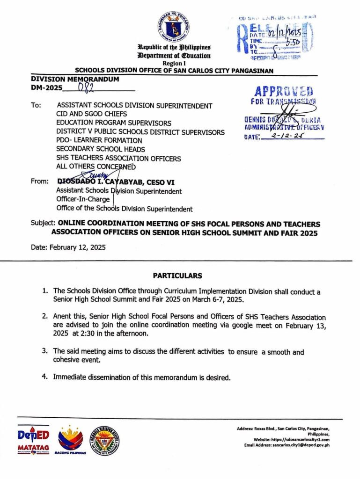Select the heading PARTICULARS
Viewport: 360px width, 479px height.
(x=177, y=276)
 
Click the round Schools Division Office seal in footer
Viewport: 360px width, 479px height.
(x=104, y=441)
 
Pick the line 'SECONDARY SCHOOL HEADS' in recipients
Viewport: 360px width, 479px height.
(x=100, y=149)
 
